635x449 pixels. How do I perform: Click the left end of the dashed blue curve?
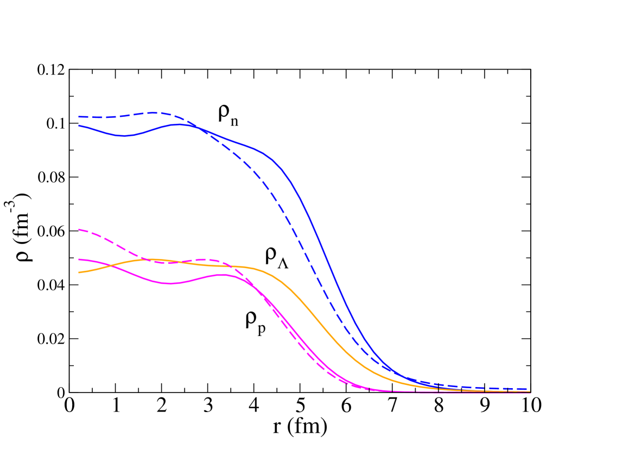(79, 117)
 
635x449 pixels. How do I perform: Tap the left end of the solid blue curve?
(79, 125)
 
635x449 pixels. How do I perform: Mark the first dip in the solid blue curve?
(124, 135)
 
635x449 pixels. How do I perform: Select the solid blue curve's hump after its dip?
(179, 124)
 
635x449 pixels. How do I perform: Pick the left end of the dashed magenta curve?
(79, 230)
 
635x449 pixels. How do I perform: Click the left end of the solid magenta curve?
(79, 260)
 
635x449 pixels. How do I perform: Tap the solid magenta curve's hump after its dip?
(223, 274)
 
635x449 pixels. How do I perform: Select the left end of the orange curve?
(79, 273)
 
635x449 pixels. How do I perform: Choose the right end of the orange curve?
(530, 391)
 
